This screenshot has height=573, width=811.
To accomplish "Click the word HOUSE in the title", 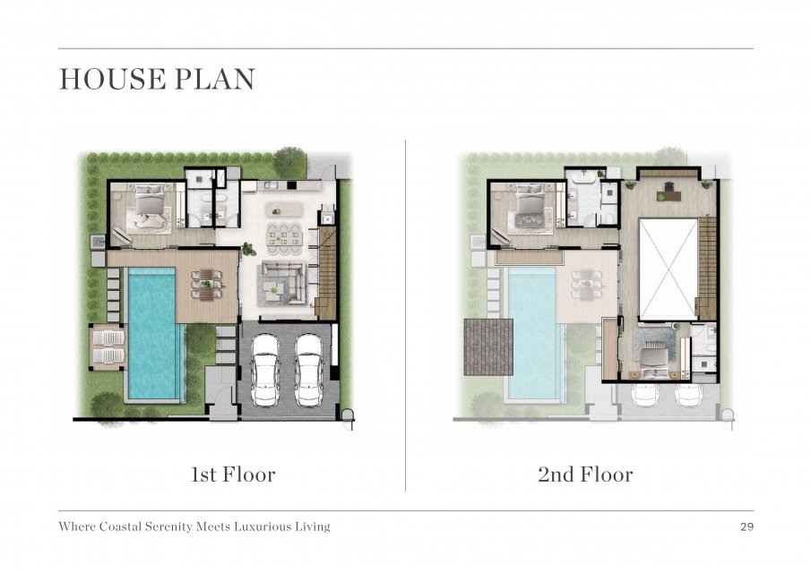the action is pyautogui.click(x=113, y=79).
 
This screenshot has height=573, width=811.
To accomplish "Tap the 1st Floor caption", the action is pyautogui.click(x=233, y=475).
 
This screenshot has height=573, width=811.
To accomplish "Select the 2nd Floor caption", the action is pyautogui.click(x=585, y=475).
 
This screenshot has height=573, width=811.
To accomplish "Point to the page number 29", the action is pyautogui.click(x=746, y=527).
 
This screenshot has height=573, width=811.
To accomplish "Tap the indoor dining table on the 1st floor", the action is pyautogui.click(x=283, y=237).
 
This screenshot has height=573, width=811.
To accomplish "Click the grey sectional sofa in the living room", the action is pyautogui.click(x=283, y=283).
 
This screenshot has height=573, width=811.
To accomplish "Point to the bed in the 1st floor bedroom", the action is pyautogui.click(x=150, y=204).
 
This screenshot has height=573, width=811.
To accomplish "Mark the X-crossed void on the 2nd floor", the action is pyautogui.click(x=669, y=269).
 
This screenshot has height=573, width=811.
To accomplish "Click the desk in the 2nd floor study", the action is pyautogui.click(x=669, y=195).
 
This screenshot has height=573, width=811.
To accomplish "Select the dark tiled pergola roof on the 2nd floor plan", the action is pyautogui.click(x=488, y=346).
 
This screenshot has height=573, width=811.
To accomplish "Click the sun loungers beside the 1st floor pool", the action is pyautogui.click(x=108, y=347).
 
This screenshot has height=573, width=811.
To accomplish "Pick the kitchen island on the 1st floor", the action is pyautogui.click(x=284, y=209).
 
